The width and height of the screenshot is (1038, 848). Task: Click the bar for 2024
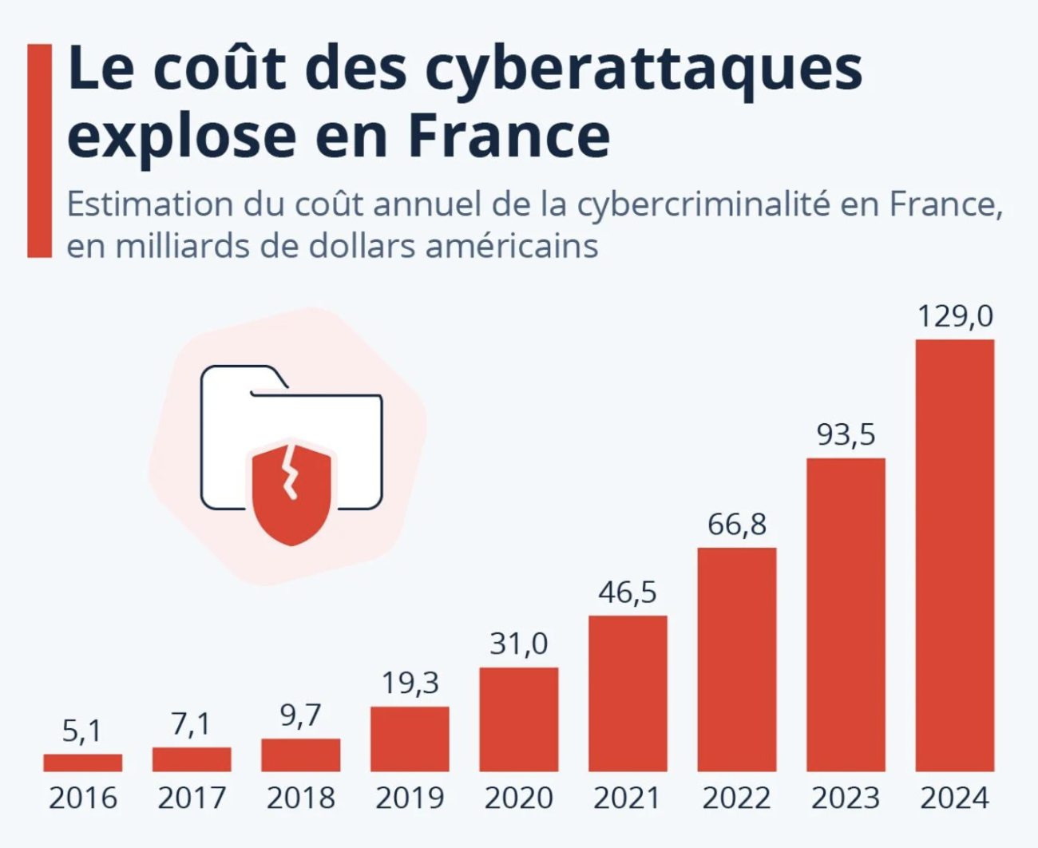954,555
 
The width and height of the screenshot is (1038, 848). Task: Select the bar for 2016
83,763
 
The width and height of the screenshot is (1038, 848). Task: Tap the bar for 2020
519,719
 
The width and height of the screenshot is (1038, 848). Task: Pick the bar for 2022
737,659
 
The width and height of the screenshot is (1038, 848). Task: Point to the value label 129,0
954,316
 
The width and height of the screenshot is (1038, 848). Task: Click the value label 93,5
846,435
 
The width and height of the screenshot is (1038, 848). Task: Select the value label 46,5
628,592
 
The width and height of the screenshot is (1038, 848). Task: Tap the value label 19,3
410,684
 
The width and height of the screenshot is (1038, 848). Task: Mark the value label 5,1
82,731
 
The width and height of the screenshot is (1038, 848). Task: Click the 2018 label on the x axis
301,798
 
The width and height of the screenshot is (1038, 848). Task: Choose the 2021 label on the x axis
628,798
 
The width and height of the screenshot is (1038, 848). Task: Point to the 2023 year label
846,798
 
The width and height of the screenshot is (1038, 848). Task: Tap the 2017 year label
192,798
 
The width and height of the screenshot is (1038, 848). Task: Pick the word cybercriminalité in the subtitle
703,205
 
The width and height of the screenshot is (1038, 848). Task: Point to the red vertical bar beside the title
39,151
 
